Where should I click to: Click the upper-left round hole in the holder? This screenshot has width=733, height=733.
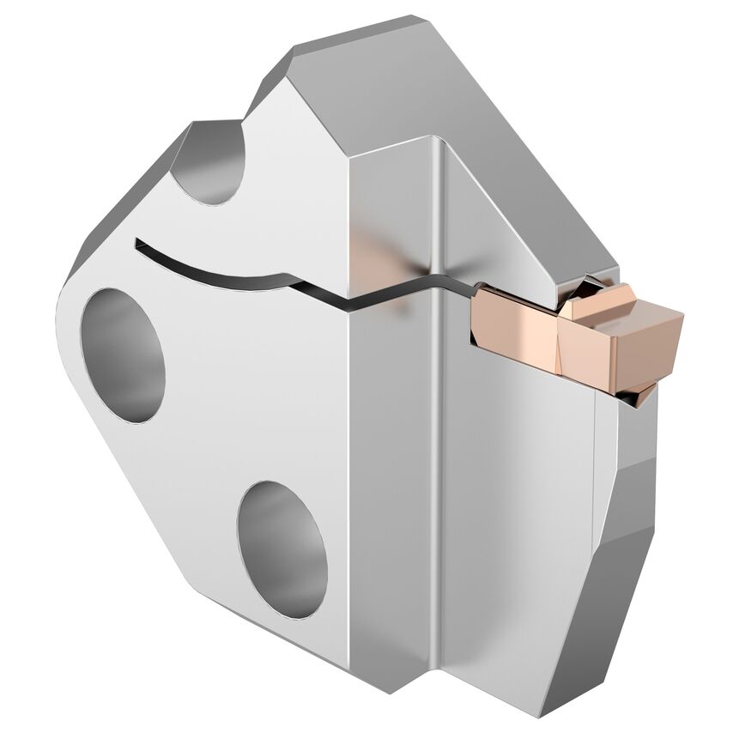pos(122,354)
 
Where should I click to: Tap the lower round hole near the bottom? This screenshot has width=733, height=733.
pos(282,549)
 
